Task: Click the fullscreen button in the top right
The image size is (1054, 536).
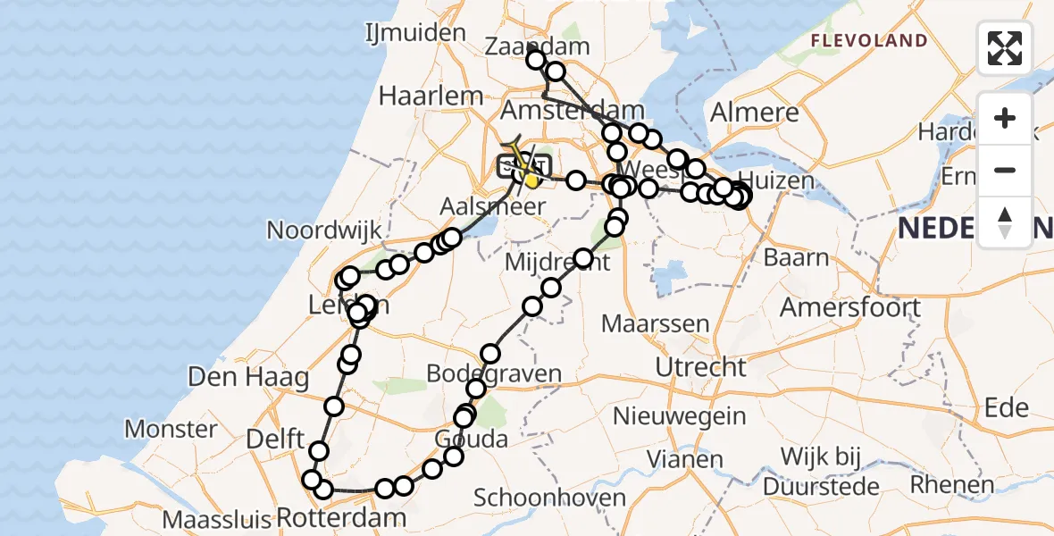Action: [1005, 48]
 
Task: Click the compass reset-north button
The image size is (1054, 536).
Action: [1005, 222]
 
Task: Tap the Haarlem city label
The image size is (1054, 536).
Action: [431, 96]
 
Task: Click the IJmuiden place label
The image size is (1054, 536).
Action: [415, 34]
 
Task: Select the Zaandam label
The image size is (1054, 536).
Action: [538, 46]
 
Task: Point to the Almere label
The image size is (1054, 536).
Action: [754, 113]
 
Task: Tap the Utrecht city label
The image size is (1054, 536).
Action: [700, 367]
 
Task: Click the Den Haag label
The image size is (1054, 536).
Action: [248, 377]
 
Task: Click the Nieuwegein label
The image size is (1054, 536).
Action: [680, 415]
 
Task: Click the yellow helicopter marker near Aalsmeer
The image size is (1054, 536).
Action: [531, 180]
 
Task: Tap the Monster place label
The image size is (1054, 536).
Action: [170, 429]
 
